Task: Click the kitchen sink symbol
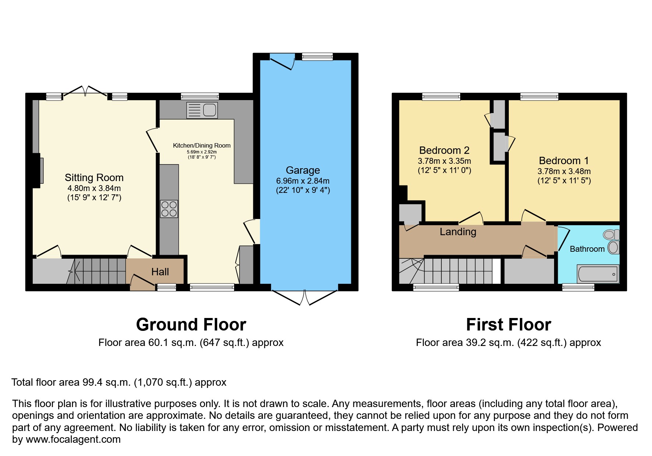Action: point(202,110)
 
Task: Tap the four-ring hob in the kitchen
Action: point(169,209)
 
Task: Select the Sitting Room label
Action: point(94,178)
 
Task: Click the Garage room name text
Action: point(303,170)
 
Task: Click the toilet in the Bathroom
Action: point(611,234)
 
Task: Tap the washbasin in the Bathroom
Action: point(613,248)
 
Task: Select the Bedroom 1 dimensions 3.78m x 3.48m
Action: point(564,172)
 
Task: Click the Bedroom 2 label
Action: point(444,151)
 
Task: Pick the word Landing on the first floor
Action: point(458,232)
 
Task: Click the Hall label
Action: point(160,272)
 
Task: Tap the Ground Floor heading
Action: point(191,325)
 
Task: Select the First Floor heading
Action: point(508,325)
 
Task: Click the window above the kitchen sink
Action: point(200,96)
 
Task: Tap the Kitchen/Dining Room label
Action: point(202,146)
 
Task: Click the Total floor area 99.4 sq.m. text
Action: point(119,382)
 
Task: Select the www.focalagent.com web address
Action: point(73,439)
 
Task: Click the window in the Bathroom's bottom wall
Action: point(578,287)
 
